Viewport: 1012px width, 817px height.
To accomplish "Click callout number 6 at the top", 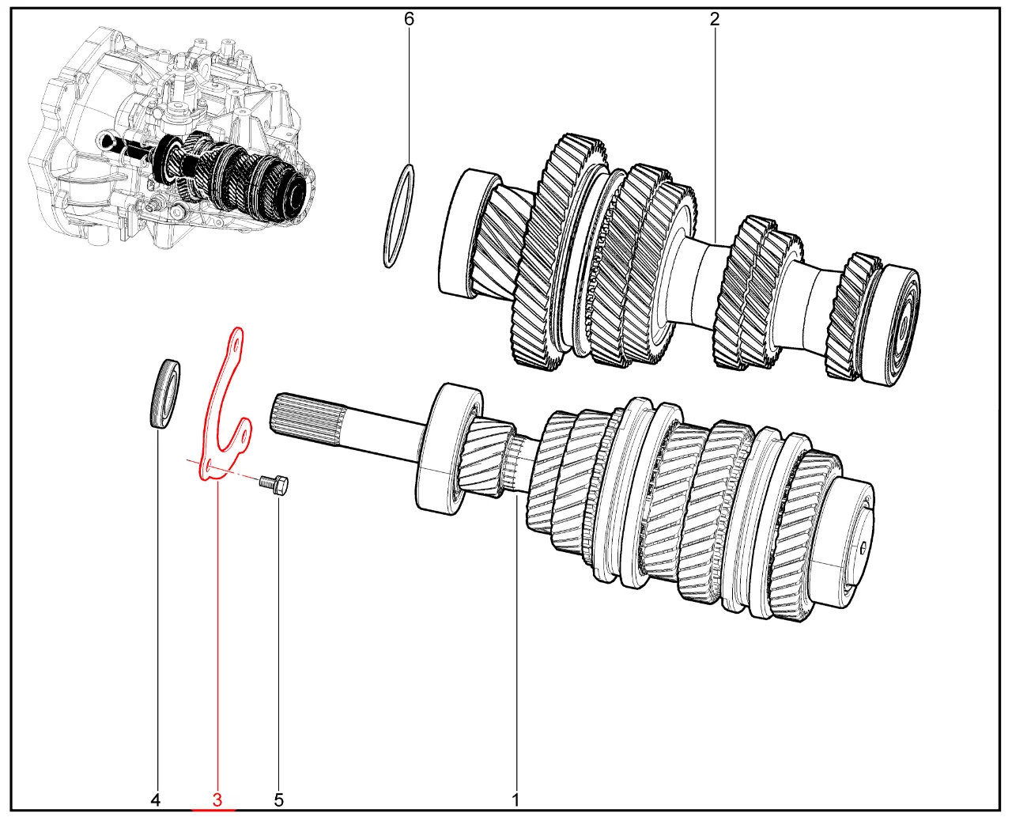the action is coord(409,20).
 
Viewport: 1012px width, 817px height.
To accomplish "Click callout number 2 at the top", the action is coord(715,20).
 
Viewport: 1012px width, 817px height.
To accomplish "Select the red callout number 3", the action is coord(217,800).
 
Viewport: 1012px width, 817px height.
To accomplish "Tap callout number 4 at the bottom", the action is coord(156,800).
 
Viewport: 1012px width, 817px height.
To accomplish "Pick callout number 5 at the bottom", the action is coord(279,800).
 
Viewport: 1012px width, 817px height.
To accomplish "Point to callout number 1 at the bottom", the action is coord(515,800).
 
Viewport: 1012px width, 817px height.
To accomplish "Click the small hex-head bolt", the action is coord(274,486).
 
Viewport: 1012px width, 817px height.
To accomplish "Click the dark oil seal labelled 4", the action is coord(163,395).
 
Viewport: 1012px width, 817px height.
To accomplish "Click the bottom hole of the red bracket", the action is coord(210,465).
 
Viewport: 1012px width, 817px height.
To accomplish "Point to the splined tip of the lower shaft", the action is coord(307,419).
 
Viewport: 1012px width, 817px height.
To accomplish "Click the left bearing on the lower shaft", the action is coord(449,448).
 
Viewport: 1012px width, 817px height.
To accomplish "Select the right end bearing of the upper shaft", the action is coord(889,326).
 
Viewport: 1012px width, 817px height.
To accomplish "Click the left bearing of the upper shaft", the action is coord(470,233).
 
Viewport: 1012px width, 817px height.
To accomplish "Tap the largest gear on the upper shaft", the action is coord(559,252).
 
